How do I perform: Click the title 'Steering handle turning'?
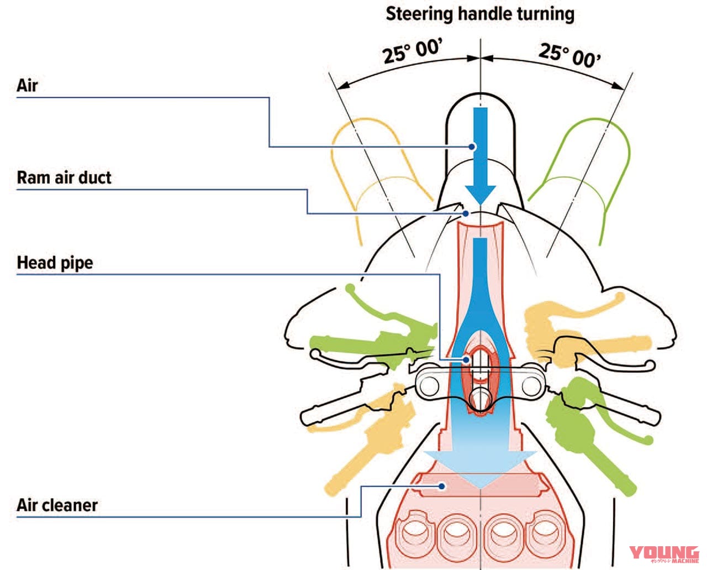coord(479,14)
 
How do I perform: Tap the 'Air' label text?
coord(27,86)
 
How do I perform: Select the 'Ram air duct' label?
coord(64,177)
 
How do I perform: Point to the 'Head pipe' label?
coord(55,263)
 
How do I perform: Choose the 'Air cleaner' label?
coord(57,505)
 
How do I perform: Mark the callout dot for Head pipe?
coord(467,360)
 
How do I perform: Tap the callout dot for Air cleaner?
coord(442,486)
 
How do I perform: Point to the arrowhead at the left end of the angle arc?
coord(342,86)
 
